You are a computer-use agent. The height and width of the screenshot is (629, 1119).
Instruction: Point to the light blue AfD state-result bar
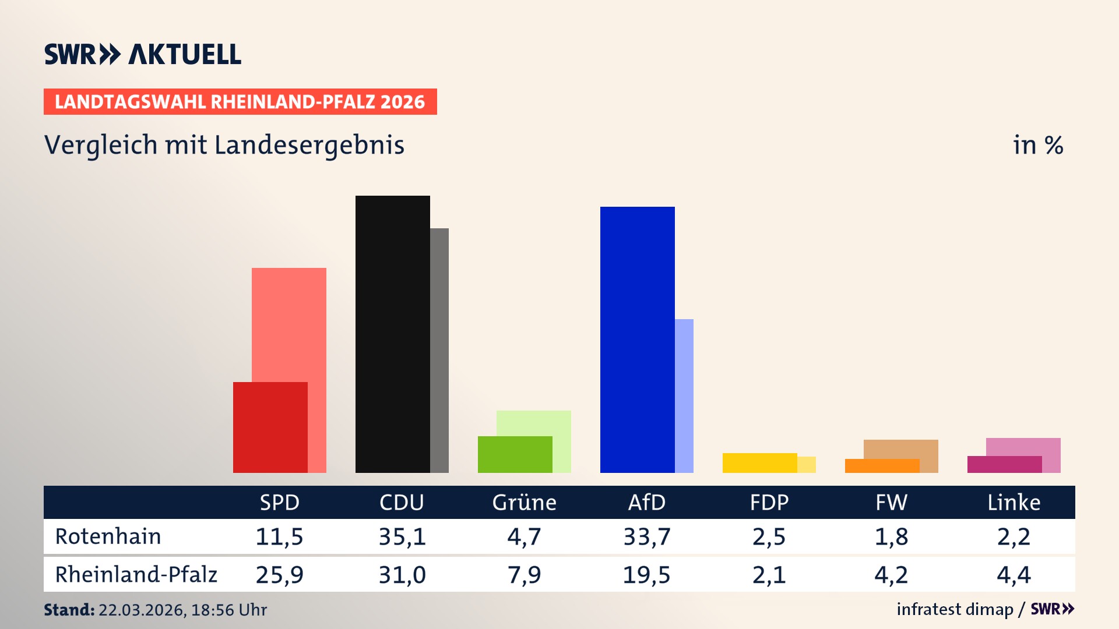(x=685, y=396)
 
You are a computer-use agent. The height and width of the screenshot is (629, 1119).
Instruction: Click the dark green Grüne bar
(x=515, y=454)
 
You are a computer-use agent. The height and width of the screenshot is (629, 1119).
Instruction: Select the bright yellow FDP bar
(x=759, y=463)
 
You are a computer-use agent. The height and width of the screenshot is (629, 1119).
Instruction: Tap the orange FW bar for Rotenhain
(x=882, y=466)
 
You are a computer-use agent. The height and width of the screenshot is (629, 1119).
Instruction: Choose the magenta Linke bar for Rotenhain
(x=1004, y=464)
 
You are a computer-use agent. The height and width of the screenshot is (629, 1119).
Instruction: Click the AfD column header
(x=646, y=502)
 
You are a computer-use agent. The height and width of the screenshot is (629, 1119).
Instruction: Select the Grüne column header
(x=524, y=502)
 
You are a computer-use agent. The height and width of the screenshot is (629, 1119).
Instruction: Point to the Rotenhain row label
(x=108, y=536)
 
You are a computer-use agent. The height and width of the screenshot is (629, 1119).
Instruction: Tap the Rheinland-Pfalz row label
(x=136, y=574)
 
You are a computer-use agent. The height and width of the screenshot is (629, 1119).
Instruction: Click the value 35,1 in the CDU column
(x=402, y=536)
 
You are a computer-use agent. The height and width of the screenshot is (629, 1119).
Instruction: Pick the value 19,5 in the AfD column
(x=646, y=575)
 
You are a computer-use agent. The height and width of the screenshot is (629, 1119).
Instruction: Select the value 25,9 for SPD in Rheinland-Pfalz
(x=279, y=575)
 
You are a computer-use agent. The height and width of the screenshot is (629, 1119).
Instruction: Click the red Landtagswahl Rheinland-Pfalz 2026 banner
(x=240, y=102)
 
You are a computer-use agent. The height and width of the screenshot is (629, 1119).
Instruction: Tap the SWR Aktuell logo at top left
(x=143, y=54)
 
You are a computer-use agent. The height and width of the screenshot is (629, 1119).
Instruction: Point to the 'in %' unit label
(x=1038, y=146)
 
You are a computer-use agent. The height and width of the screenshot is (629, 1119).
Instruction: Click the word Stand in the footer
(x=69, y=610)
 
